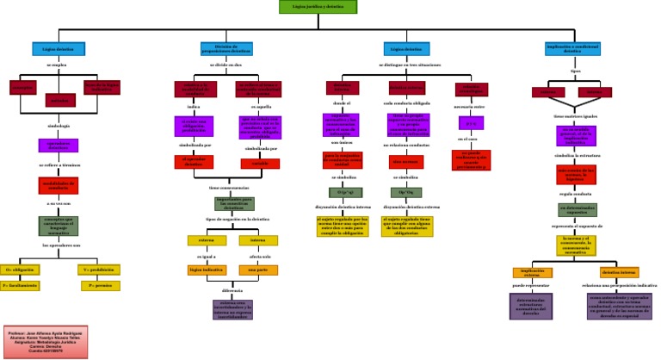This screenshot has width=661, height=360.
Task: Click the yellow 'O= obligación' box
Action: (x=24, y=270)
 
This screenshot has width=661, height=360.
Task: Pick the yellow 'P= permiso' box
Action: (x=98, y=284)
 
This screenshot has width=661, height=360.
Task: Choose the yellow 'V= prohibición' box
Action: (x=98, y=270)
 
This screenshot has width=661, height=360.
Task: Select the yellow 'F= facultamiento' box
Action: (x=24, y=284)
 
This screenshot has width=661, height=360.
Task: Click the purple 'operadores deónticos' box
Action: (x=59, y=145)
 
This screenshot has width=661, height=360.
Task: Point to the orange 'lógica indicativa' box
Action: (x=207, y=270)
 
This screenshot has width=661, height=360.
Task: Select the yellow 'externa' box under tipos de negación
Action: (x=207, y=240)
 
